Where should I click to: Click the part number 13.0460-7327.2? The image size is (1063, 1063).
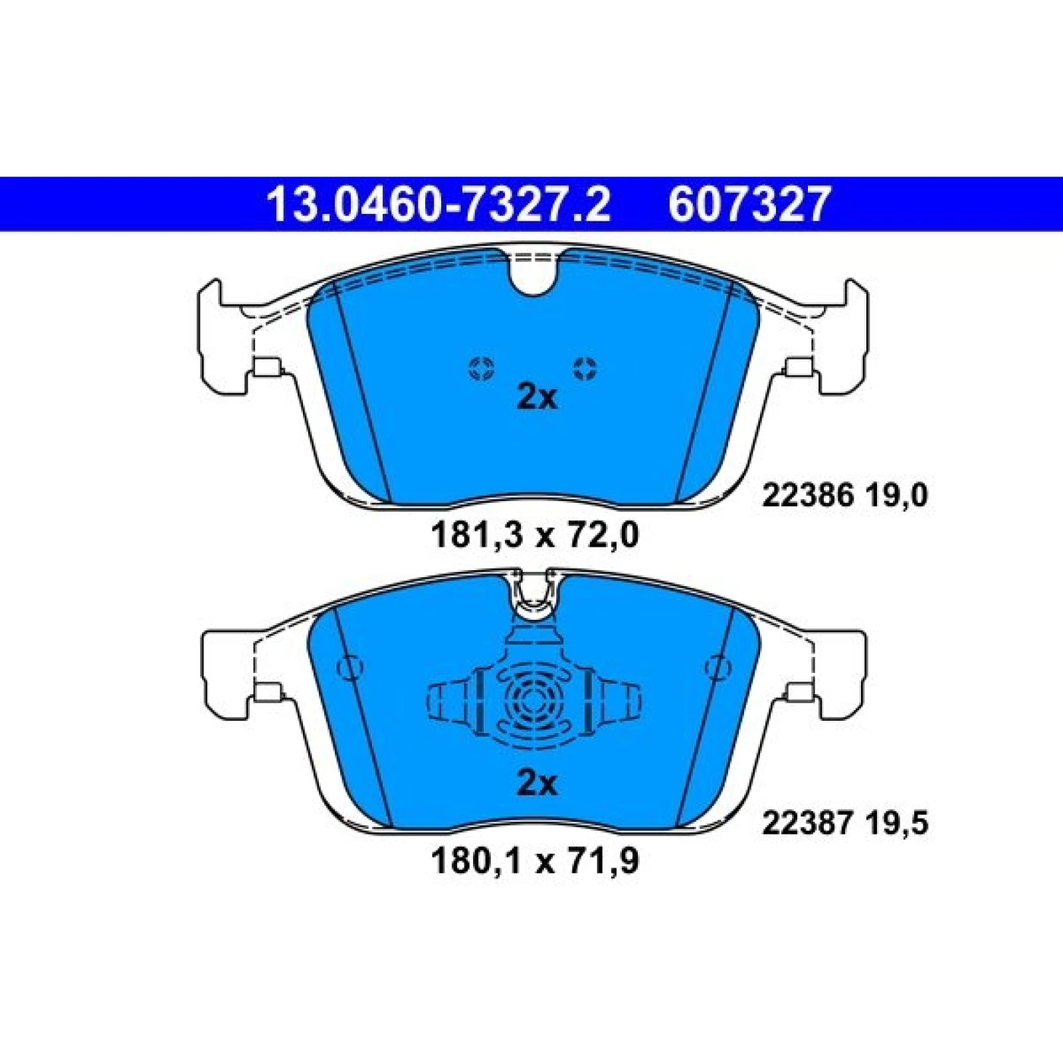(438, 204)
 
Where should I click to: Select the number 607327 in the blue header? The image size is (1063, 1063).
(750, 204)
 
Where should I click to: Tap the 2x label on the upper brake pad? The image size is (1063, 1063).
(537, 398)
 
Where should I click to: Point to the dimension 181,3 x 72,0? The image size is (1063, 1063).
(535, 535)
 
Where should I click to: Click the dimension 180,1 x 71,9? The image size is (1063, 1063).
(535, 862)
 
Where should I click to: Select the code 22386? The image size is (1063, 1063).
(807, 496)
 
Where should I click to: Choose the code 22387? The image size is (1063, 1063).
(807, 824)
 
